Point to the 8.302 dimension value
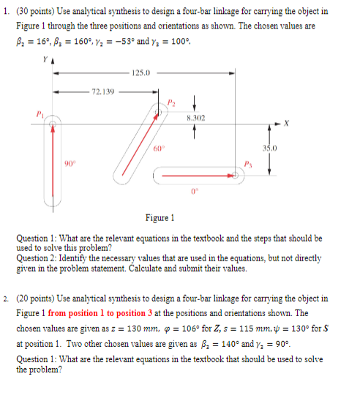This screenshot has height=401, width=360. coord(195,117)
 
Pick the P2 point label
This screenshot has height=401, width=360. coord(172,102)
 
